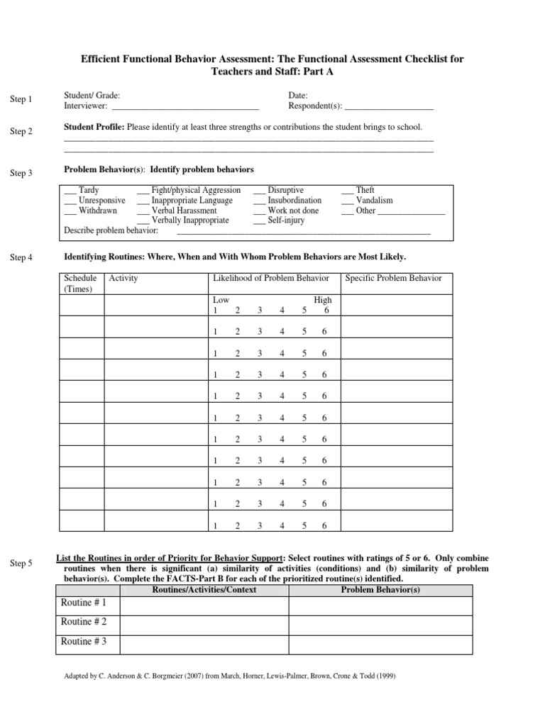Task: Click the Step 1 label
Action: pyautogui.click(x=21, y=99)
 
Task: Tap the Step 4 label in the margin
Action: pyautogui.click(x=21, y=257)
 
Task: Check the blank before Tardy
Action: pyautogui.click(x=70, y=191)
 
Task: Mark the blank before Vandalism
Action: pyautogui.click(x=347, y=201)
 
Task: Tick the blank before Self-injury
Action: pyautogui.click(x=259, y=220)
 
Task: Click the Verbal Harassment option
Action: pyautogui.click(x=184, y=211)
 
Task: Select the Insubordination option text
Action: pyautogui.click(x=294, y=201)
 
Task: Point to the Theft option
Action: pyautogui.click(x=365, y=191)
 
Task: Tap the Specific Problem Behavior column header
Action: pyautogui.click(x=393, y=278)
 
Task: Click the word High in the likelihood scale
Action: pyautogui.click(x=323, y=301)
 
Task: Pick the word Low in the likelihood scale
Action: pyautogui.click(x=221, y=301)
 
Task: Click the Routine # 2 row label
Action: pyautogui.click(x=84, y=622)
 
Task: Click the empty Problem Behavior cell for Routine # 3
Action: pyautogui.click(x=380, y=643)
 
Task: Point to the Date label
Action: pyautogui.click(x=298, y=95)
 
